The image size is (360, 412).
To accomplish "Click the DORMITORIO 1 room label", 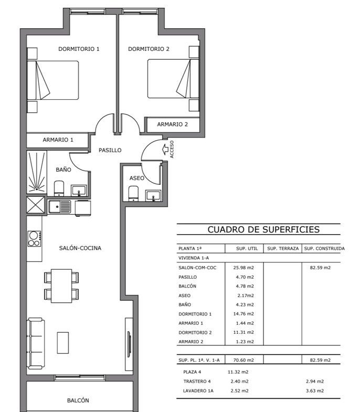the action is pos(79,49).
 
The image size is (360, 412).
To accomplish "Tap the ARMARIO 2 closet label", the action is pos(172,124).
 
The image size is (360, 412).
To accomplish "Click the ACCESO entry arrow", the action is pos(165,149).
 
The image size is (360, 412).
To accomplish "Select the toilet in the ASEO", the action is pos(133,193).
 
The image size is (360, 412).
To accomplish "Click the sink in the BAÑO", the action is pos(79,191).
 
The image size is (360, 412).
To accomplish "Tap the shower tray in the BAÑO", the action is pos(37,172).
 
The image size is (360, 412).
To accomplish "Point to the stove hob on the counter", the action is pos(35,239).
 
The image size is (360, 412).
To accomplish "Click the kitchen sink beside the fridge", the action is pos(60,207).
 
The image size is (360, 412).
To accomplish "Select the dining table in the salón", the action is pos(61,286).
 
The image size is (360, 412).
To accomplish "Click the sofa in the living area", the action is pos(36,344).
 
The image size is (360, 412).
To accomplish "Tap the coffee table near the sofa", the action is pos(63,343).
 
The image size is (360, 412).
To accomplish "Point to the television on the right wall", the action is pos(129,344).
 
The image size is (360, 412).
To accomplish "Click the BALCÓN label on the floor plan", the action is pos(78,400).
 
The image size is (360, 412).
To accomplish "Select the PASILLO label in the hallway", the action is pos(110,150).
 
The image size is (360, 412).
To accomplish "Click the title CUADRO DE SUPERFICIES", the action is pos(263,229).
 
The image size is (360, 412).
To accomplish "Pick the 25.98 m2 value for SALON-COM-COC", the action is pos(243,268).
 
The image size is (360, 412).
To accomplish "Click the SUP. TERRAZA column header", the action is pos(283,249).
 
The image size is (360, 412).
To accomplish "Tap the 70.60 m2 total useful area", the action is pos(243,360).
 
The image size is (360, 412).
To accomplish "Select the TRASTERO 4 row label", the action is pos(197,382).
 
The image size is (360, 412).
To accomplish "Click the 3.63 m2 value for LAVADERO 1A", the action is pos(315,391).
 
